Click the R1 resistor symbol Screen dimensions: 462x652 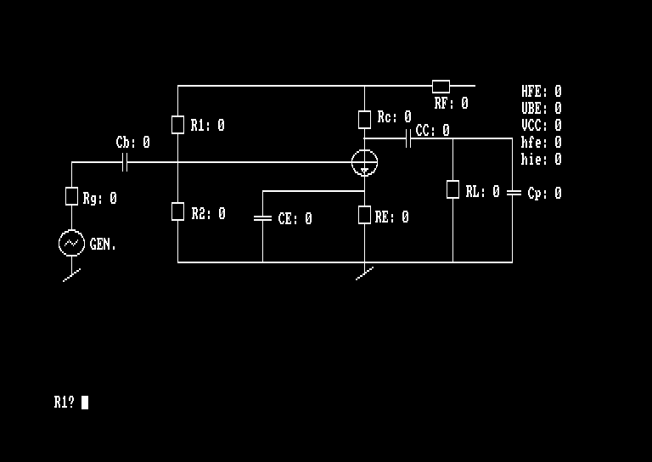pyautogui.click(x=177, y=125)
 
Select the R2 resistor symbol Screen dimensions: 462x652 pyautogui.click(x=177, y=211)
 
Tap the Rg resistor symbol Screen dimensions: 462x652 pyautogui.click(x=71, y=196)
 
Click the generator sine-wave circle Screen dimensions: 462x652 pyautogui.click(x=71, y=244)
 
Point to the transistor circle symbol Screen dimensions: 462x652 pyautogui.click(x=364, y=162)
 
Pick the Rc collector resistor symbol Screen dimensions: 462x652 pyautogui.click(x=364, y=119)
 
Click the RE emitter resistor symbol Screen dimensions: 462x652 pyautogui.click(x=364, y=216)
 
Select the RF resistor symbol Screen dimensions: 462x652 pyautogui.click(x=441, y=86)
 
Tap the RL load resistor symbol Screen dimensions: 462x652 pyautogui.click(x=452, y=189)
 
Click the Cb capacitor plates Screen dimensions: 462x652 pyautogui.click(x=125, y=162)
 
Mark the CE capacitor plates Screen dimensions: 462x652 pyautogui.click(x=262, y=218)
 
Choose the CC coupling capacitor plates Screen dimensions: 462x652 pyautogui.click(x=409, y=138)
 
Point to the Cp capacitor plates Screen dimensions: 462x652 pyautogui.click(x=513, y=193)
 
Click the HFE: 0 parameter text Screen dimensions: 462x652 pyautogui.click(x=541, y=92)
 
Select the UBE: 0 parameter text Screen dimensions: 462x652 pyautogui.click(x=541, y=109)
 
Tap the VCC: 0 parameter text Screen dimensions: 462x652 pyautogui.click(x=541, y=126)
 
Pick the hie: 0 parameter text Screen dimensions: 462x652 pyautogui.click(x=541, y=160)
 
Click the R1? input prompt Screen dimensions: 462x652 pyautogui.click(x=65, y=403)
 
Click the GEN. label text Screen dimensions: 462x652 pyautogui.click(x=103, y=245)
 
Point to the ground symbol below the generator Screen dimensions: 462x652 pyautogui.click(x=72, y=275)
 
